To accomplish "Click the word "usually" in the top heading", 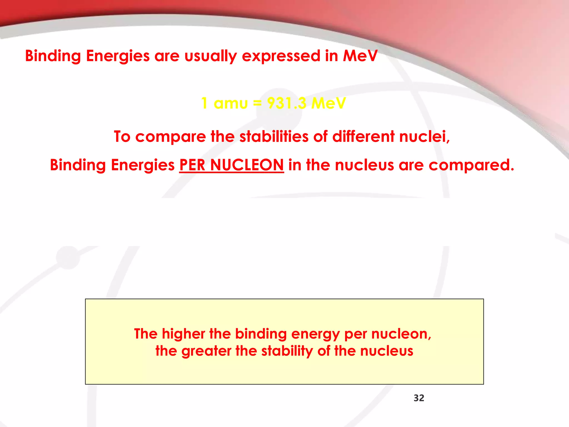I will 210,56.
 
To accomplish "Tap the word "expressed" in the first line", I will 281,56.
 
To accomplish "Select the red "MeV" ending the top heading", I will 360,56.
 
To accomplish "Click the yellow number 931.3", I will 287,103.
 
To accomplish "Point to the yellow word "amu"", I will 231,103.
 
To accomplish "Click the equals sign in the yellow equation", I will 257,103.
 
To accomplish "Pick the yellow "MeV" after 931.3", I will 328,103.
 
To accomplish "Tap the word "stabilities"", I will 274,136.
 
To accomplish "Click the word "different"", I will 363,136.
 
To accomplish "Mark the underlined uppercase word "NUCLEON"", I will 247,165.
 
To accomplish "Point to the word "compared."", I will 471,165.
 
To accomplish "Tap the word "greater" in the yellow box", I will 206,351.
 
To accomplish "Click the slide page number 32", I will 419,398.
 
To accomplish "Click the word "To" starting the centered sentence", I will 122,137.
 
